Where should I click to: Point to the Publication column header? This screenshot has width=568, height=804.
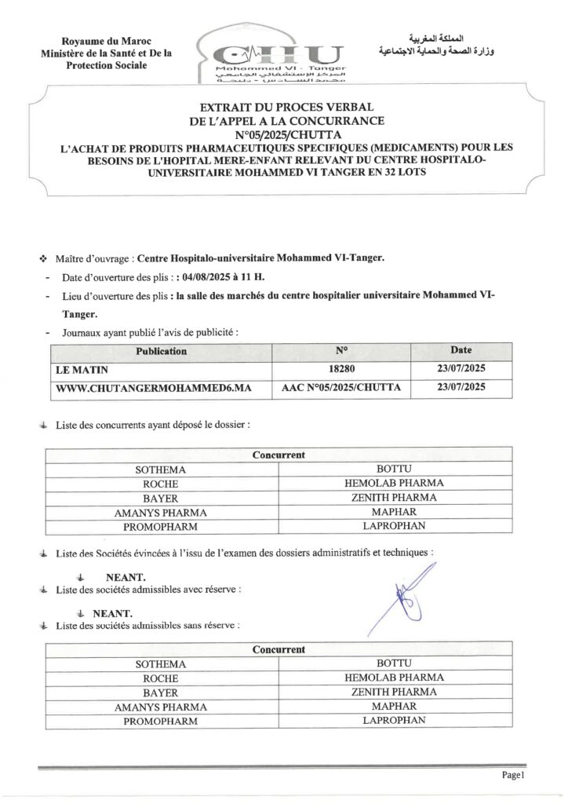point(161,351)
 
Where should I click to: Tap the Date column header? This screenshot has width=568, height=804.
point(461,351)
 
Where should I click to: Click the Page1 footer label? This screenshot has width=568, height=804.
point(512,775)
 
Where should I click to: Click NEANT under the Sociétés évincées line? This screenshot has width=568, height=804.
point(126,578)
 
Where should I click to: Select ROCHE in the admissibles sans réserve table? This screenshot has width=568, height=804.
point(161,678)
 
